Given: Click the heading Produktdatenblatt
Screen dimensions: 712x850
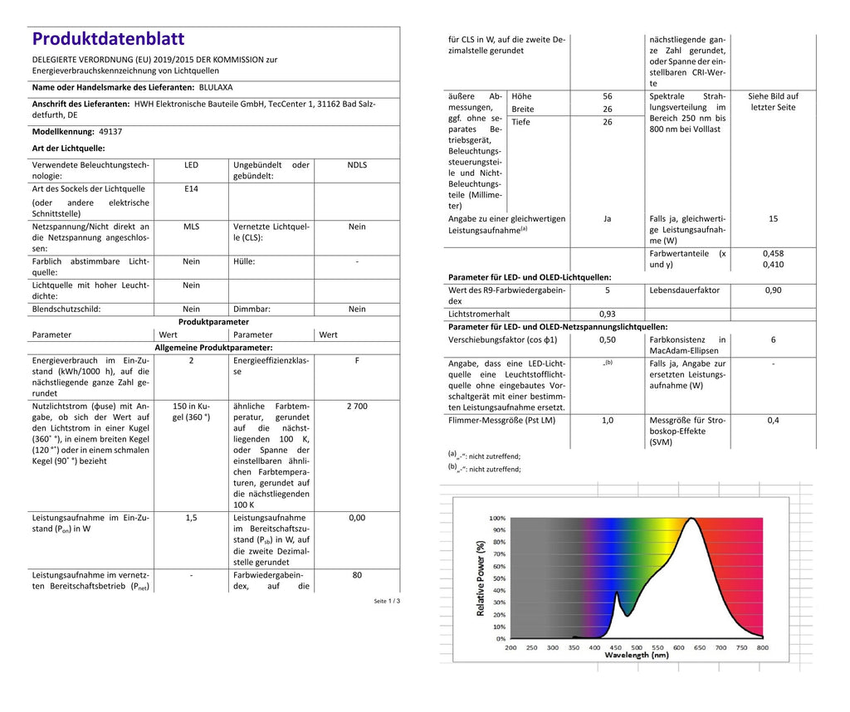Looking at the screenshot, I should pos(108,39).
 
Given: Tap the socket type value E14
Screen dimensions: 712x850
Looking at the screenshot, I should pos(191,188).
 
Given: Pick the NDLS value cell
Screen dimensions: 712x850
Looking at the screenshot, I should pos(357,165).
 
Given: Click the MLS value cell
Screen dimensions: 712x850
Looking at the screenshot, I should pos(191,226).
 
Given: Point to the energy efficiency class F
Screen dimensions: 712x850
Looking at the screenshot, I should pos(357,361).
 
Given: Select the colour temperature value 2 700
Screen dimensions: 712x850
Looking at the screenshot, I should pos(357,407).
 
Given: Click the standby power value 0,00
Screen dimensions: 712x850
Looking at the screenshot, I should pos(357,518).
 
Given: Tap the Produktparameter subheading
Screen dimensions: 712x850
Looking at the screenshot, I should pos(213,322).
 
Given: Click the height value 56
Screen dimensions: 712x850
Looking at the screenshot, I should pos(607,96).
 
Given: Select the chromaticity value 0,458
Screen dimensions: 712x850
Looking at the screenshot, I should pos(773,253).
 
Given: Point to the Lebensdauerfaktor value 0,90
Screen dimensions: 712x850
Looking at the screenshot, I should pos(773,290).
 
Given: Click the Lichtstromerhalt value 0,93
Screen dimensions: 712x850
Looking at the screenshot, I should pos(607,315).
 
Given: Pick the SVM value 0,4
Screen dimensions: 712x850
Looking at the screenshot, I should pos(773,421).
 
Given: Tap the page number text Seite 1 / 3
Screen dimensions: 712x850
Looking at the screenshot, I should pos(387,601).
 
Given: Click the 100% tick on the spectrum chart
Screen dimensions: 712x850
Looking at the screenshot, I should pos(497,516).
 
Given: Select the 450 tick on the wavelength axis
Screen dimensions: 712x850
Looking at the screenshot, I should pos(615,647).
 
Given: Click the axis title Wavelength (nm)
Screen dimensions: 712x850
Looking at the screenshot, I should pos(637,656).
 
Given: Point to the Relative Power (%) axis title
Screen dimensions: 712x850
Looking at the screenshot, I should pos(481,578).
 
